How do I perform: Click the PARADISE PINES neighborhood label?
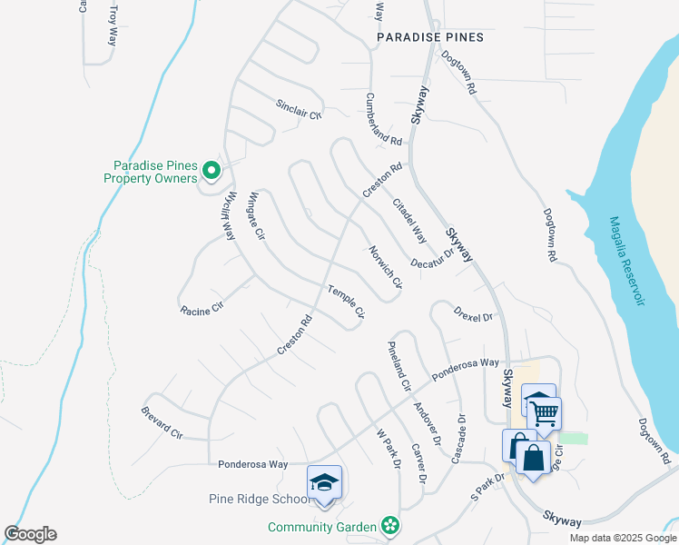pyautogui.click(x=431, y=37)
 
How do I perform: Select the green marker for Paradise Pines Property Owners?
pyautogui.click(x=211, y=170)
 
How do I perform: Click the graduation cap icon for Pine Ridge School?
pyautogui.click(x=324, y=482)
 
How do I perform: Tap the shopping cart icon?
pyautogui.click(x=545, y=413)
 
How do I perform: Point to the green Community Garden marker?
pyautogui.click(x=390, y=526)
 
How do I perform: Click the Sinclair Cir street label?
pyautogui.click(x=300, y=110)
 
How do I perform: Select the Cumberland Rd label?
pyautogui.click(x=383, y=119)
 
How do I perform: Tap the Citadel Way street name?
pyautogui.click(x=409, y=221)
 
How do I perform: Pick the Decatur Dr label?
pyautogui.click(x=431, y=260)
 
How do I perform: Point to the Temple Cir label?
pyautogui.click(x=346, y=302)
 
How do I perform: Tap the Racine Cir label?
pyautogui.click(x=202, y=311)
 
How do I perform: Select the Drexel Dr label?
pyautogui.click(x=473, y=318)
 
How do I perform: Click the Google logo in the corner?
pyautogui.click(x=31, y=534)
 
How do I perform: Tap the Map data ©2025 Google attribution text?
pyautogui.click(x=622, y=538)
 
